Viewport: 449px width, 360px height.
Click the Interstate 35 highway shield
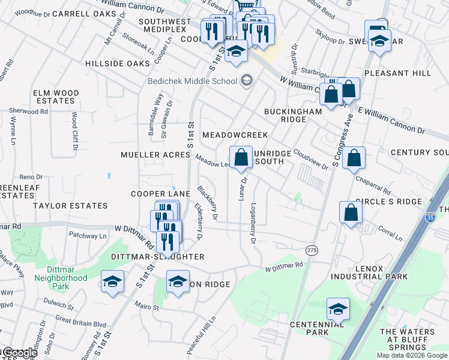click(430, 218)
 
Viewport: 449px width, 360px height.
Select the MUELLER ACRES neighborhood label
click(155, 155)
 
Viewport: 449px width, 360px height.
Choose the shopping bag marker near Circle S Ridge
click(350, 212)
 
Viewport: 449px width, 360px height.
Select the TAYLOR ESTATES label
click(70, 206)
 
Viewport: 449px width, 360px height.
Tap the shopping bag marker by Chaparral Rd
click(355, 158)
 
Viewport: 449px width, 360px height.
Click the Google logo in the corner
click(20, 353)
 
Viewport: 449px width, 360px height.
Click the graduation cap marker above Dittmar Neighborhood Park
click(112, 282)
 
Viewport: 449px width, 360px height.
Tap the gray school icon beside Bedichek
click(246, 80)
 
